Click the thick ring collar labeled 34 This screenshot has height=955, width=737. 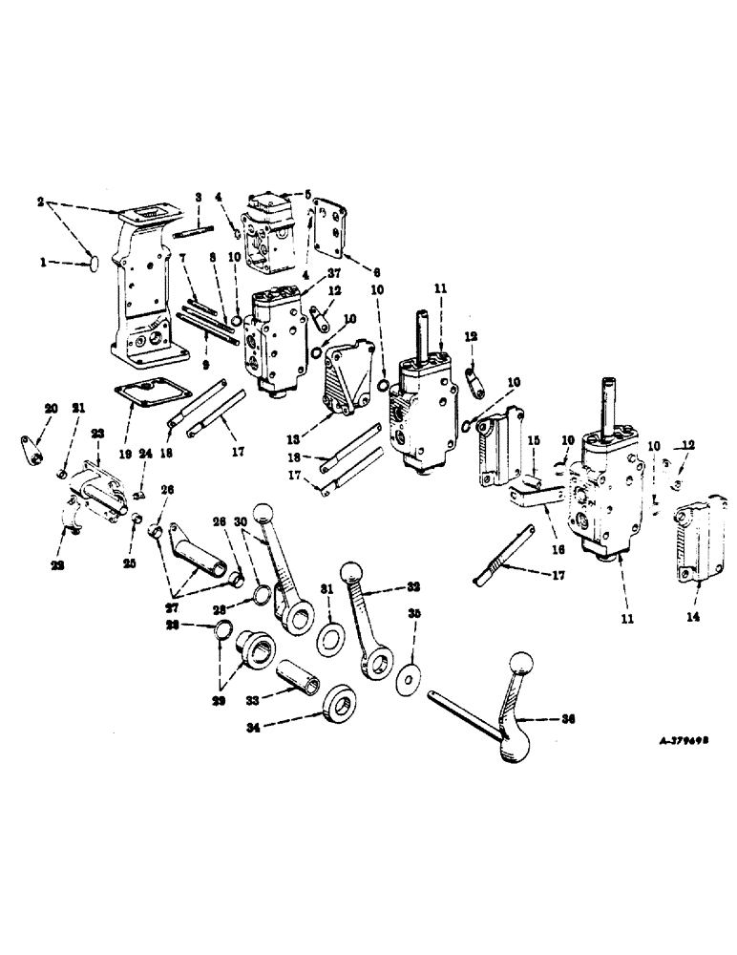point(339,705)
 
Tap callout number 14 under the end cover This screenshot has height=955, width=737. point(691,618)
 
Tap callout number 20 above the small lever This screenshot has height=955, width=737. point(50,409)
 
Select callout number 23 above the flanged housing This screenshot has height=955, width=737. point(96,433)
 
